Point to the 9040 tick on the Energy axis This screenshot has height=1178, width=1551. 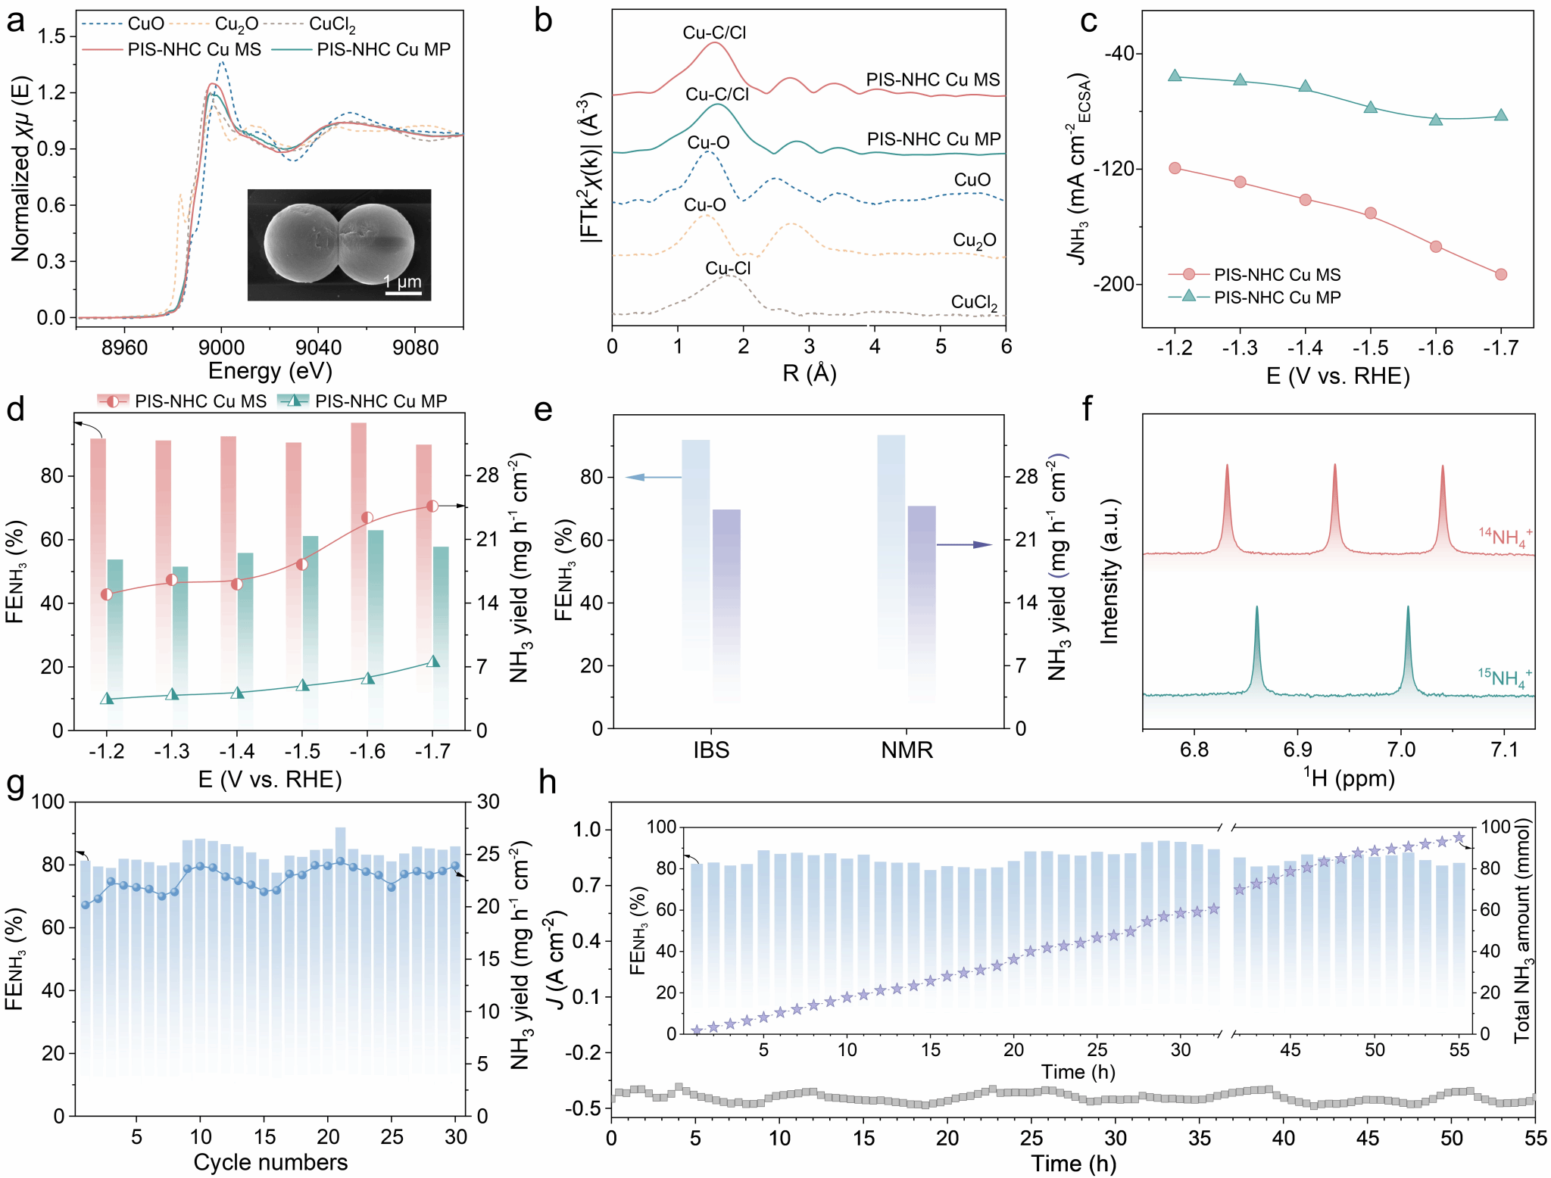coord(318,347)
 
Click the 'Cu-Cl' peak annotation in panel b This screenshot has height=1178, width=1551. coord(728,268)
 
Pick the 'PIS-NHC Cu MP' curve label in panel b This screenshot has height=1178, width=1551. coord(934,139)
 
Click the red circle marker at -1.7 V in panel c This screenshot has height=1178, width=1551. coord(1501,274)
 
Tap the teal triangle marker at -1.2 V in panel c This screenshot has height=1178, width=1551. coord(1175,76)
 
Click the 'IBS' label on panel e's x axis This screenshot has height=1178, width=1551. coord(711,750)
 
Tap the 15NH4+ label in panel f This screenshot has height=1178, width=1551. coord(1504,676)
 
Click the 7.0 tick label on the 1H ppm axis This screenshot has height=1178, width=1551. coord(1401,749)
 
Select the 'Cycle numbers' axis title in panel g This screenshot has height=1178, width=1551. coord(270,1162)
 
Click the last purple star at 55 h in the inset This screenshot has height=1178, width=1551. coord(1459,838)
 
